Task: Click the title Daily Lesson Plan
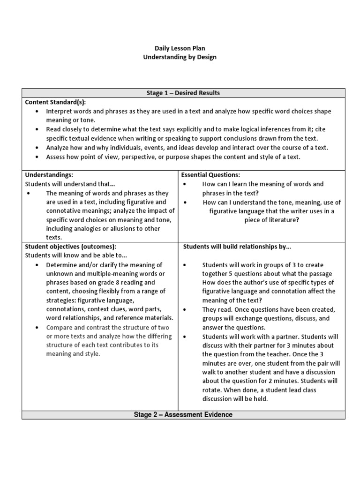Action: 180,48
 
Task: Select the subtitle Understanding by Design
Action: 180,57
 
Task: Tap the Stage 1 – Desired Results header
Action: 183,93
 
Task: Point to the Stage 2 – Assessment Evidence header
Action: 183,415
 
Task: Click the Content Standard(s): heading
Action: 55,102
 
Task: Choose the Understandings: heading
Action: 49,174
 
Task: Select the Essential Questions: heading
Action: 210,174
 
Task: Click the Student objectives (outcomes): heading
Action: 70,247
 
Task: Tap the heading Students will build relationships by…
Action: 237,247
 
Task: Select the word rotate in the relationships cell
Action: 212,390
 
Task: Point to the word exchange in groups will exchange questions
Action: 239,318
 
